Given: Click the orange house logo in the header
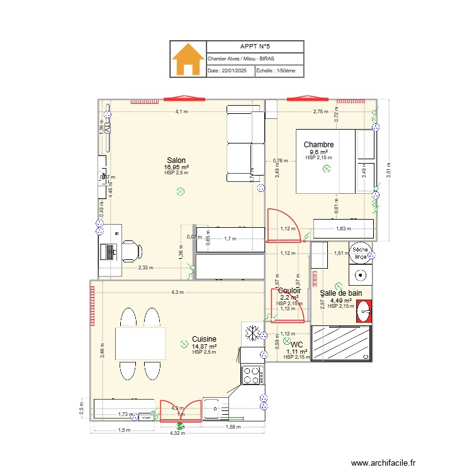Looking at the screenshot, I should tap(188, 59).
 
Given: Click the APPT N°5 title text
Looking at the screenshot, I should tap(254, 47).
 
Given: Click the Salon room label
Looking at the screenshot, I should tap(176, 160).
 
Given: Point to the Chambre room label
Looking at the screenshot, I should tap(318, 145).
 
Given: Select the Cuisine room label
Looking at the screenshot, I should tap(205, 339).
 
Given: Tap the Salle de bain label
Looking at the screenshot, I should tap(341, 293).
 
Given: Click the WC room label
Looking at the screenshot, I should tap(297, 344).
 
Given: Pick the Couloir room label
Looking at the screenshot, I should tap(289, 291).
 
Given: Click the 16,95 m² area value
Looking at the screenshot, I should tap(176, 167).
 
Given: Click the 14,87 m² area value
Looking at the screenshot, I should tap(205, 346).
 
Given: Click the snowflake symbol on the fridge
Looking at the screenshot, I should tap(251, 333).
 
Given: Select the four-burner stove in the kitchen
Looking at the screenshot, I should tap(252, 375).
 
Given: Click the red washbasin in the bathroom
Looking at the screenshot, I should tap(363, 310).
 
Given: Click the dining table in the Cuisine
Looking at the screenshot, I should tap(140, 343).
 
